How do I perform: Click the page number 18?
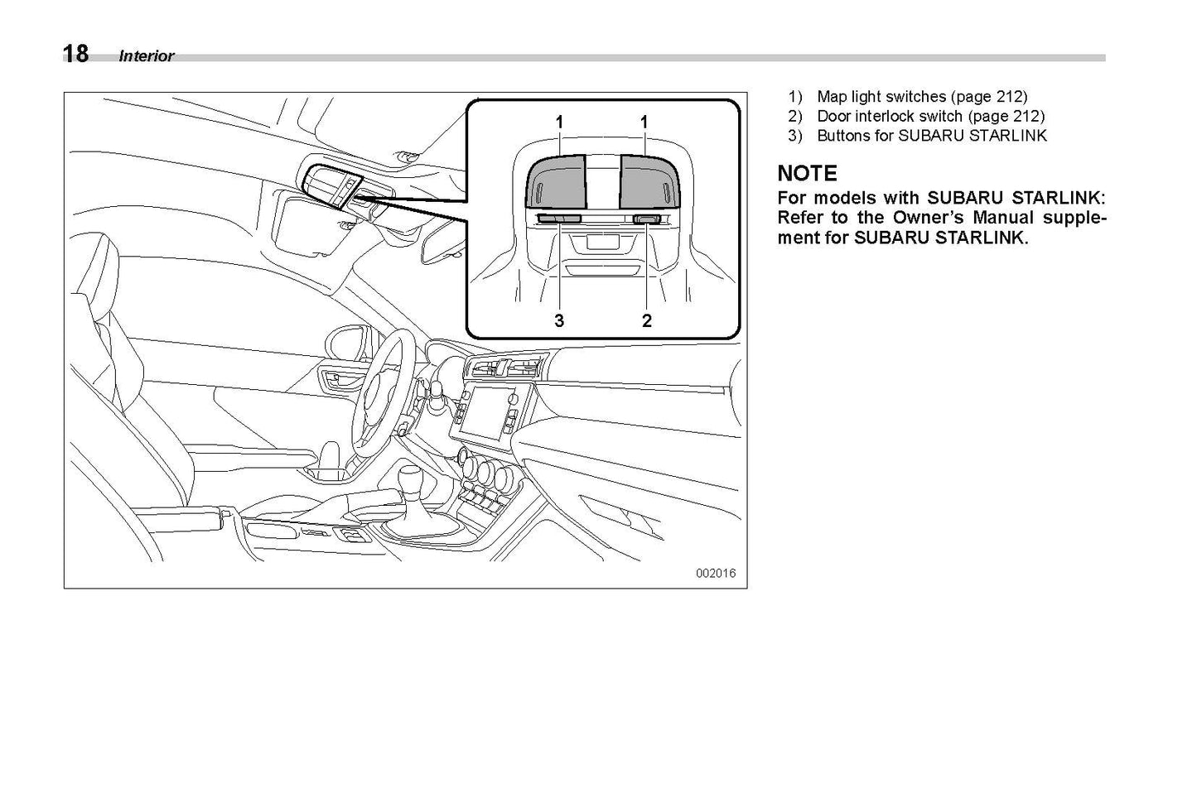tap(75, 55)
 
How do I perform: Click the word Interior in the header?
tap(147, 56)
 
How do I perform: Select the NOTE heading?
tap(807, 174)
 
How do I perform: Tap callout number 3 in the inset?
tap(559, 320)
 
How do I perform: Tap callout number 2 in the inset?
tap(647, 320)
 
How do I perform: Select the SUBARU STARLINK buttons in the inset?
tap(560, 219)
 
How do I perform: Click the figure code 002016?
tap(715, 573)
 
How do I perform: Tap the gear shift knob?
tap(412, 482)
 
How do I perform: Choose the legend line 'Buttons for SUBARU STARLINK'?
tap(931, 136)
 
